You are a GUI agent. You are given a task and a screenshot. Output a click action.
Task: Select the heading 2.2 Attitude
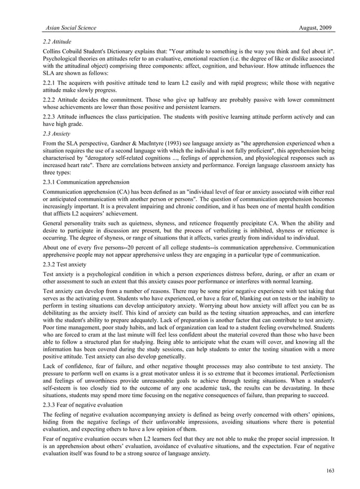tap(58, 42)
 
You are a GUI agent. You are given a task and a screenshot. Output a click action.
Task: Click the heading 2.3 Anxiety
tap(58, 134)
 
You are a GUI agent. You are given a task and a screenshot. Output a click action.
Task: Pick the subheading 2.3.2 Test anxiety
tap(64, 264)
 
